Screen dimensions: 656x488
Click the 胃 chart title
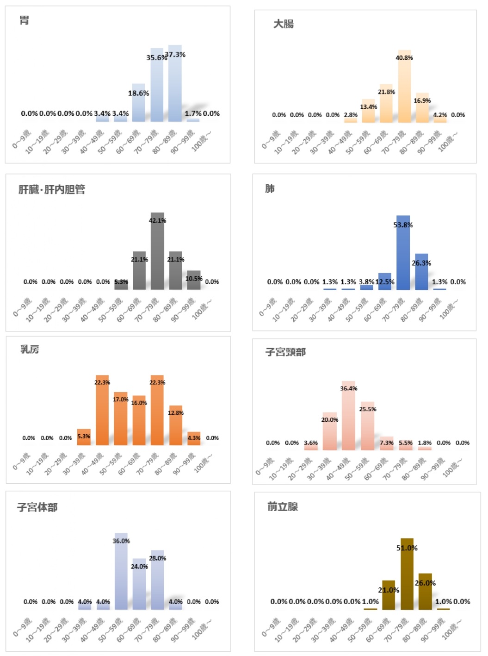click(24, 20)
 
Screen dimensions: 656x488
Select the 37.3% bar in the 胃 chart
click(175, 86)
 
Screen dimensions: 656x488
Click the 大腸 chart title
click(283, 24)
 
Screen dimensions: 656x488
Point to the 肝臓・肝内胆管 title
click(52, 189)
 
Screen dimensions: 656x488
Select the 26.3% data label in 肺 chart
click(421, 263)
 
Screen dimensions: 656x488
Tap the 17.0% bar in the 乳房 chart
click(121, 421)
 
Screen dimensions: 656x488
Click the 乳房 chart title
click(30, 349)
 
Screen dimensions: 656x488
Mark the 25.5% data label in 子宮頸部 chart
click(368, 409)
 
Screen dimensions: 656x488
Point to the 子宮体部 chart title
click(37, 507)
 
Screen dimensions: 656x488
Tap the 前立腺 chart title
click(283, 506)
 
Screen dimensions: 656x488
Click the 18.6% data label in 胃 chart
click(138, 93)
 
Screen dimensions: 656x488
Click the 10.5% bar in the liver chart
click(194, 281)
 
